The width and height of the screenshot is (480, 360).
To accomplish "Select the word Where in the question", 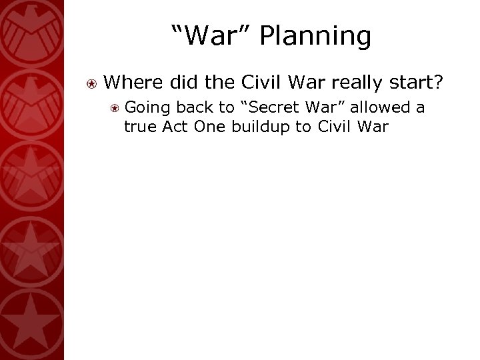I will [x=135, y=82].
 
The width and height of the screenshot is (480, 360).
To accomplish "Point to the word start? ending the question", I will [x=419, y=82].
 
